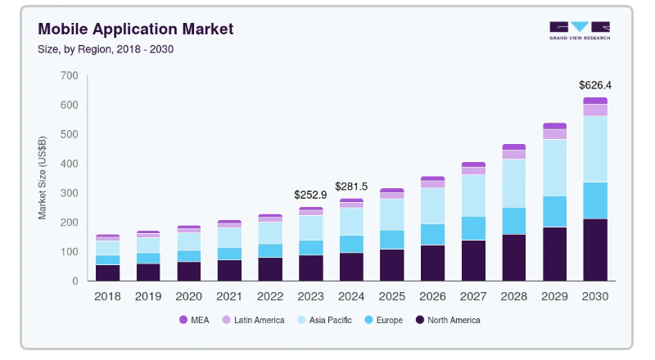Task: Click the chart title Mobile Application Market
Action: point(135,29)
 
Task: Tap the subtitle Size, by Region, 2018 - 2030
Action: point(106,49)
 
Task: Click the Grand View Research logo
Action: point(579,29)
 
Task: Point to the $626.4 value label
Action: point(595,85)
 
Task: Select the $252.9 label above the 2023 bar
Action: point(310,195)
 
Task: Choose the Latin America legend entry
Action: point(254,320)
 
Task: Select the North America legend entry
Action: point(447,320)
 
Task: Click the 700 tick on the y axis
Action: point(69,76)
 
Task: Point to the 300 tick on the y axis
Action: point(69,193)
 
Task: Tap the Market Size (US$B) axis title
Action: point(43,178)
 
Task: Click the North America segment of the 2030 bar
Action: point(595,250)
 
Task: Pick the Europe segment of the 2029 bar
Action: point(554,211)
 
